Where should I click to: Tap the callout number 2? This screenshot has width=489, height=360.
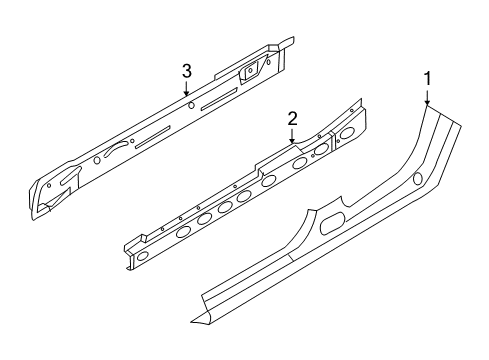coord(292,119)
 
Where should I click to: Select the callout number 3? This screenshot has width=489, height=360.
coord(186,70)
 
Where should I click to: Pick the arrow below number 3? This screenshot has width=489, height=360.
coord(187,89)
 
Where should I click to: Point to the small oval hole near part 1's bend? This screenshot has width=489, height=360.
coord(417,178)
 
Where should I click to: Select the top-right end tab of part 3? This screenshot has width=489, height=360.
coord(286,41)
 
